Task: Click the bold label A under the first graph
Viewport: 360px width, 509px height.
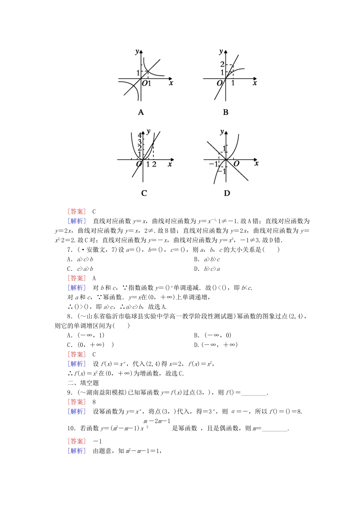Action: pos(141,112)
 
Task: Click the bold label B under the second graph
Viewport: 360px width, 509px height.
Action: pos(226,112)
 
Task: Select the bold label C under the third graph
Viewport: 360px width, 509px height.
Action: pos(144,193)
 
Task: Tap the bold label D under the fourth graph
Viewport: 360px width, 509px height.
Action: pos(227,193)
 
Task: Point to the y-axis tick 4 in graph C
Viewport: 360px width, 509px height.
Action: pos(139,136)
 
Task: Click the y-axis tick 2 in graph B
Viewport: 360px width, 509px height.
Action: pos(222,64)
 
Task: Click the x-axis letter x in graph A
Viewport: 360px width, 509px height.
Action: pos(171,83)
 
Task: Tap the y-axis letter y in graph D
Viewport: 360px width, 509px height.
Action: pos(222,132)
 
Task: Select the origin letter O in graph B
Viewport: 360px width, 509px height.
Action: pos(220,83)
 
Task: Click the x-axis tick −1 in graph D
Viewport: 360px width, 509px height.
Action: pos(213,164)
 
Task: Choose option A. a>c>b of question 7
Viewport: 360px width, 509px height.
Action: pos(80,259)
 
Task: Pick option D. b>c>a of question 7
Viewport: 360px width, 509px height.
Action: pos(207,269)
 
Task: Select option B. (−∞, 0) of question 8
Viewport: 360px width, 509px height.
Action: pos(213,335)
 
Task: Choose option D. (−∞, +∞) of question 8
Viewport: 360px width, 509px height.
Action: pos(216,345)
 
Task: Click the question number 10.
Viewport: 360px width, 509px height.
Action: pos(72,428)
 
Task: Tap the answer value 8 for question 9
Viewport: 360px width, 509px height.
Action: pos(94,402)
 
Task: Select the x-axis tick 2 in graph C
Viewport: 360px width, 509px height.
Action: pos(154,164)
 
